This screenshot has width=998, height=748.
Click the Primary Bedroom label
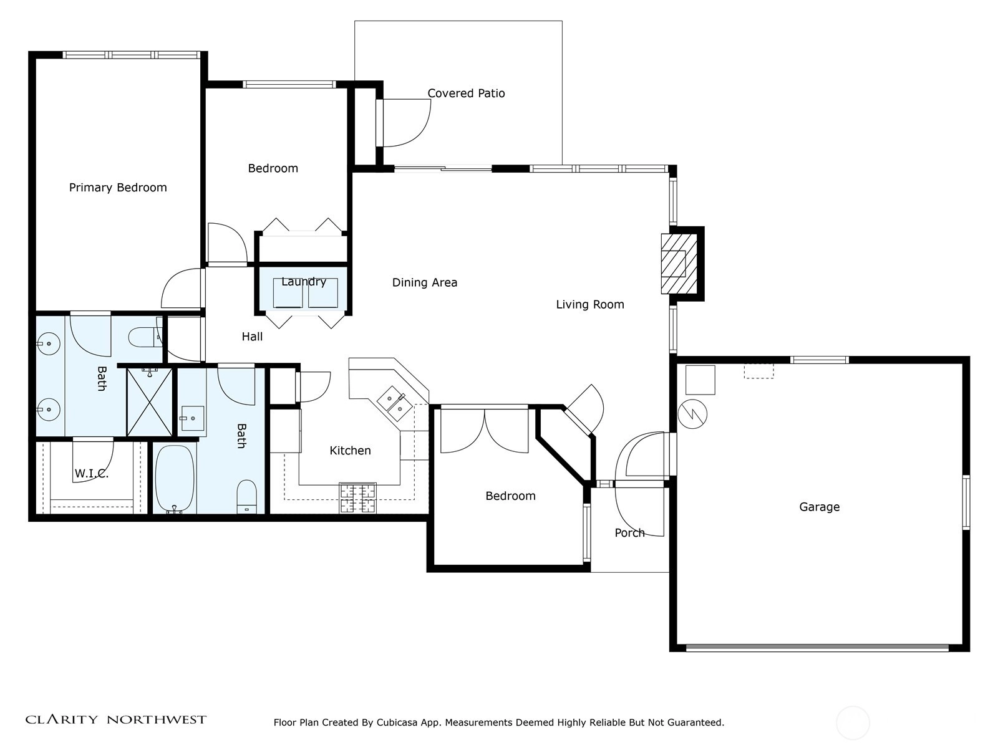pyautogui.click(x=118, y=188)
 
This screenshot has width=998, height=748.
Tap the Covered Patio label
pyautogui.click(x=466, y=93)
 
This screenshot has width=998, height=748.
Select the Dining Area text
pyautogui.click(x=425, y=282)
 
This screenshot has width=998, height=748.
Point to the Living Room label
pyautogui.click(x=589, y=304)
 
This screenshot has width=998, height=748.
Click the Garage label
pyautogui.click(x=820, y=507)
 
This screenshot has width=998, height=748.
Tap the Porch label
pyautogui.click(x=630, y=533)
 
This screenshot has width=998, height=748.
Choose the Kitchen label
pyautogui.click(x=350, y=451)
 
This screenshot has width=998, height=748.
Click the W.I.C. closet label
pyautogui.click(x=92, y=474)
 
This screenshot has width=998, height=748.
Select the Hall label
pyautogui.click(x=253, y=337)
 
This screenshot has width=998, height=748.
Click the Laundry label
pyautogui.click(x=304, y=282)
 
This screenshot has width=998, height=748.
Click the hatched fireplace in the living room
pyautogui.click(x=679, y=264)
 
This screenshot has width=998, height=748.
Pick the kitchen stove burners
pyautogui.click(x=358, y=498)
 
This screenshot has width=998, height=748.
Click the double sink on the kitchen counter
pyautogui.click(x=394, y=404)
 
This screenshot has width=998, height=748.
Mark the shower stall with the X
pyautogui.click(x=150, y=403)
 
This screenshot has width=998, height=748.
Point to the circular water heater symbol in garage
pyautogui.click(x=692, y=414)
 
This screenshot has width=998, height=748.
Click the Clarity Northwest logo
pyautogui.click(x=115, y=719)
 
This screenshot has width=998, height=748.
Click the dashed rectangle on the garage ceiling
pyautogui.click(x=759, y=371)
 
